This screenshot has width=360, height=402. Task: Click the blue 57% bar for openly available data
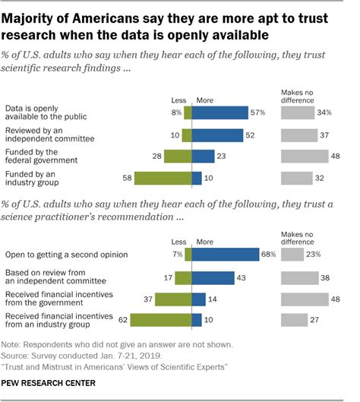click(x=221, y=113)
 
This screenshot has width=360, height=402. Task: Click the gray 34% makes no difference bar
click(x=297, y=113)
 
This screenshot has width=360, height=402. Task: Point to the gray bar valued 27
click(x=294, y=320)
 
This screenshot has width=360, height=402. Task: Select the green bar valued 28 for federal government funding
click(x=179, y=157)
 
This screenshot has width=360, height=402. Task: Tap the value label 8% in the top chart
click(x=176, y=113)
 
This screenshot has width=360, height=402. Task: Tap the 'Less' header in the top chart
click(x=180, y=99)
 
